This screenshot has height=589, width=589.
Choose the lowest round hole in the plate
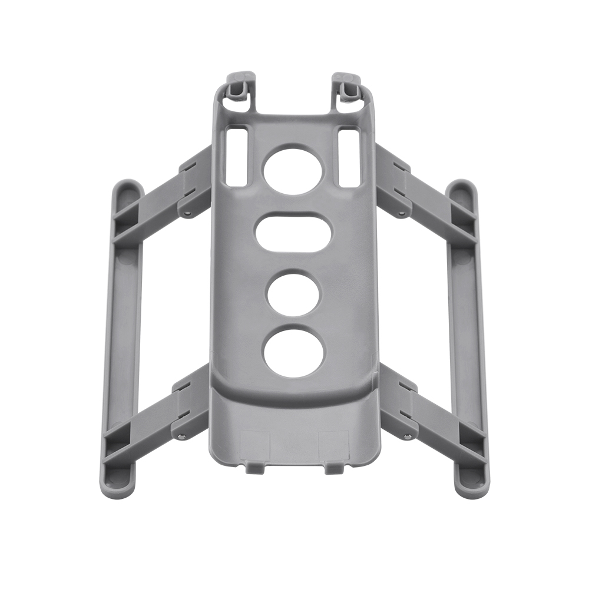coord(293,352)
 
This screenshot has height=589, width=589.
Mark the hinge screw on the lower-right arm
coord(407,436)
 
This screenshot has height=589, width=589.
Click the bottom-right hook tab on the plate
coord(333,468)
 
